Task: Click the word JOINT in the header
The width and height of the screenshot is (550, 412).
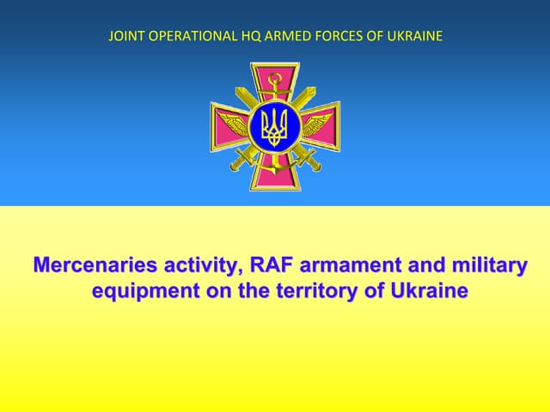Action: [124, 36]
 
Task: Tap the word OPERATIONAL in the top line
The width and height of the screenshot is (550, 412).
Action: [185, 36]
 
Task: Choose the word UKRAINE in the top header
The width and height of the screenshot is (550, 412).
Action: [414, 36]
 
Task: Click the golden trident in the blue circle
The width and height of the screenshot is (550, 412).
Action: [275, 127]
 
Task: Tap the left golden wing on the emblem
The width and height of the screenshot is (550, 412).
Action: [233, 123]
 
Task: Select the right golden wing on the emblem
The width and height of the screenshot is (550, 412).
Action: [317, 123]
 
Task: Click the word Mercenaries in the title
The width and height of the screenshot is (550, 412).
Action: [92, 266]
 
